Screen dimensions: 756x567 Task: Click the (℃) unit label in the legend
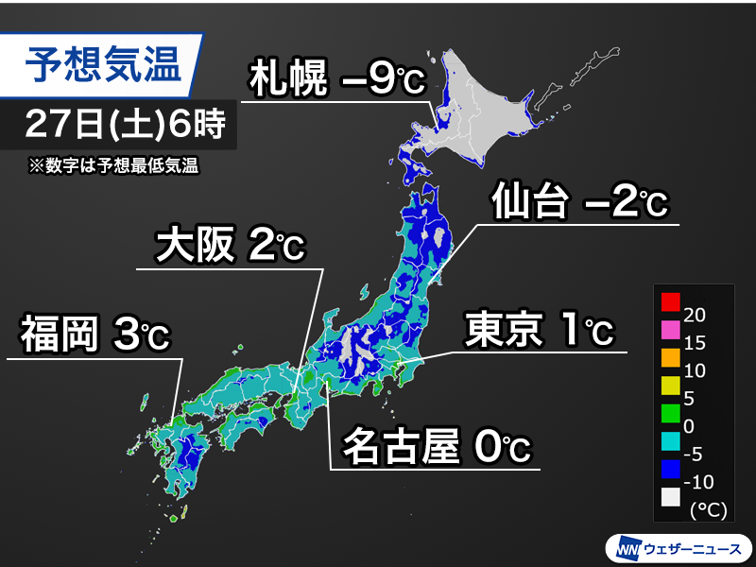tap(707, 510)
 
